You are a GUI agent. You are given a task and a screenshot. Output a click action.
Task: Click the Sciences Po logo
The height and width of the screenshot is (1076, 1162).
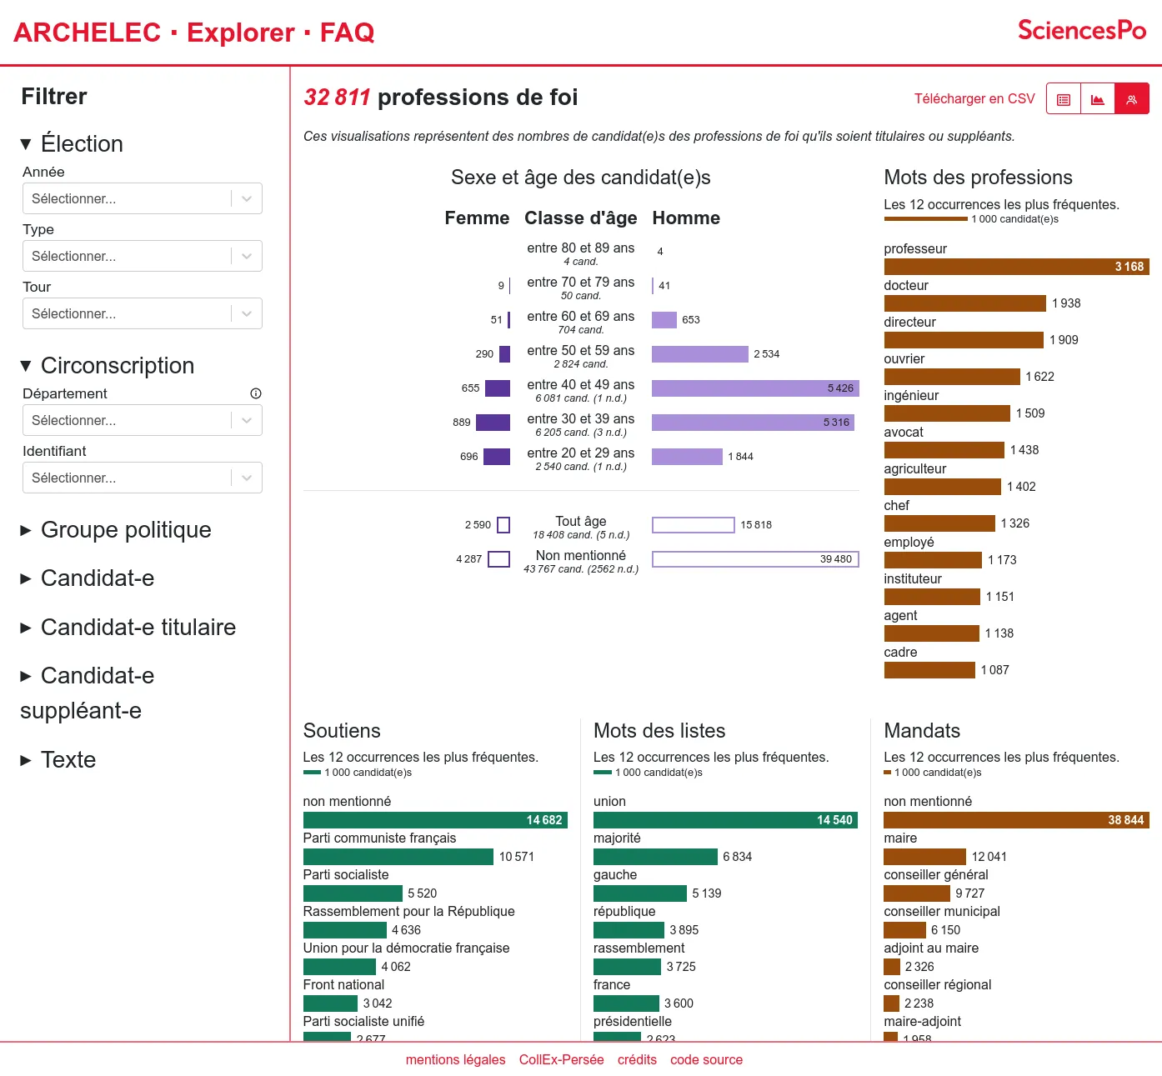tap(1081, 31)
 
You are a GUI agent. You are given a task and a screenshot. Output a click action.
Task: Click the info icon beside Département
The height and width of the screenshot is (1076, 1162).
tap(256, 393)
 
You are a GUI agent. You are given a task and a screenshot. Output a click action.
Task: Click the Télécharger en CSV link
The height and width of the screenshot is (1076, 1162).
tap(974, 98)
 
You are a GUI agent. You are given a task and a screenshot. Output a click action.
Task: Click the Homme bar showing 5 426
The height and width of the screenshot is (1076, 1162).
tap(754, 388)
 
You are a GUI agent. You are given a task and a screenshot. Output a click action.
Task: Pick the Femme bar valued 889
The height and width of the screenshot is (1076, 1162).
tap(493, 423)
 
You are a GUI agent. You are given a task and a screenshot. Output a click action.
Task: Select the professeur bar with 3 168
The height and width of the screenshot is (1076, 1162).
tap(1016, 267)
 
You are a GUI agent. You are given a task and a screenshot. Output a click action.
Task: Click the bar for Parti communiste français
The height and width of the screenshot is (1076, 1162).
tap(398, 857)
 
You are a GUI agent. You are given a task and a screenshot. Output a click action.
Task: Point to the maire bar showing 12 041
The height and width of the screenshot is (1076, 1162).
tap(924, 857)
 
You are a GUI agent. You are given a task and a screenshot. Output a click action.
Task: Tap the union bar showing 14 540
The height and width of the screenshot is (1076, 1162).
tap(725, 820)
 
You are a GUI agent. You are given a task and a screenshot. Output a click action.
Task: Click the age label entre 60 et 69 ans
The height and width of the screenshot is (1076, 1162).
tap(580, 317)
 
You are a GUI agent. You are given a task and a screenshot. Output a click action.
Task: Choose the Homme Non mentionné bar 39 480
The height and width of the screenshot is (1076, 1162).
tap(754, 559)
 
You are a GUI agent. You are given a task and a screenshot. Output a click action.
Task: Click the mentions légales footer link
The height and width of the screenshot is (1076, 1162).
tap(455, 1060)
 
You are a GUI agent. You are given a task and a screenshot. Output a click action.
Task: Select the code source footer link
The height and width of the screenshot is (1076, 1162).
tap(706, 1060)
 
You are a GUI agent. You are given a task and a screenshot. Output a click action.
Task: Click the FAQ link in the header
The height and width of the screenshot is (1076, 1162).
tap(347, 33)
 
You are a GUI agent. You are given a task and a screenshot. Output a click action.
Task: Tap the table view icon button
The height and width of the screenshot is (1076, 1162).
tap(1064, 99)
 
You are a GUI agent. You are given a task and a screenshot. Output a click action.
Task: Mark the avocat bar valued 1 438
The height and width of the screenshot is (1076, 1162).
tap(944, 450)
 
